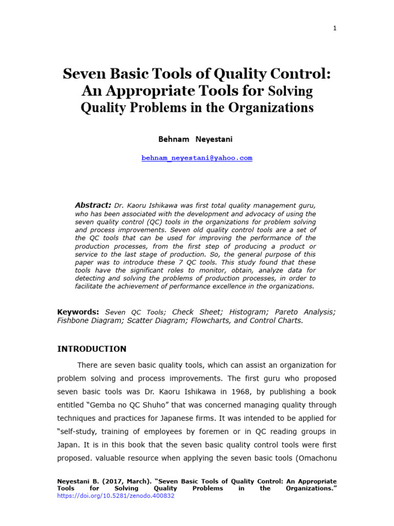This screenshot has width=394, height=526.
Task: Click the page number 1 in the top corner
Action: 334,28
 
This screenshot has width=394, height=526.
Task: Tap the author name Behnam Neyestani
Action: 196,139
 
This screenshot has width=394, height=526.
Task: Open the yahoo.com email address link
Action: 196,158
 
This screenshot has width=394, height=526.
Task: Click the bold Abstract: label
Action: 93,204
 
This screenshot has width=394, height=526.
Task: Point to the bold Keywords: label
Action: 78,312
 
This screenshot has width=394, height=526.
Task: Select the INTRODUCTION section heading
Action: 91,349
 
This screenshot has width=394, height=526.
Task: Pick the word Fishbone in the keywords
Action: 74,321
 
